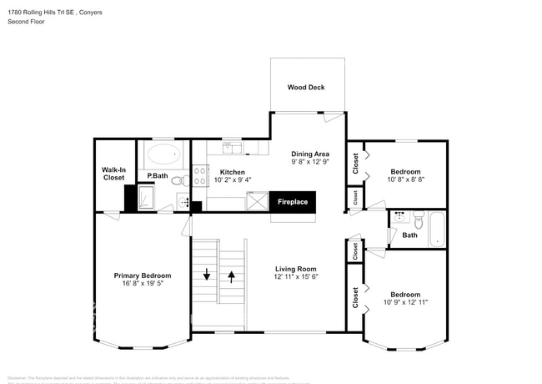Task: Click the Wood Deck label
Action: click(x=305, y=87)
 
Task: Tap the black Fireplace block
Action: click(x=292, y=202)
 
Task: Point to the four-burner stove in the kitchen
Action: click(x=199, y=175)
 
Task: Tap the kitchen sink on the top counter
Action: click(x=233, y=148)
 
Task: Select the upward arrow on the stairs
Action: click(x=231, y=275)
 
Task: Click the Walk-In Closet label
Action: click(x=113, y=173)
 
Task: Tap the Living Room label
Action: click(x=297, y=269)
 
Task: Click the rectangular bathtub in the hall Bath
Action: click(x=439, y=229)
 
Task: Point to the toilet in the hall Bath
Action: click(x=418, y=222)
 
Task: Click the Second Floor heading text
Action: click(x=26, y=22)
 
